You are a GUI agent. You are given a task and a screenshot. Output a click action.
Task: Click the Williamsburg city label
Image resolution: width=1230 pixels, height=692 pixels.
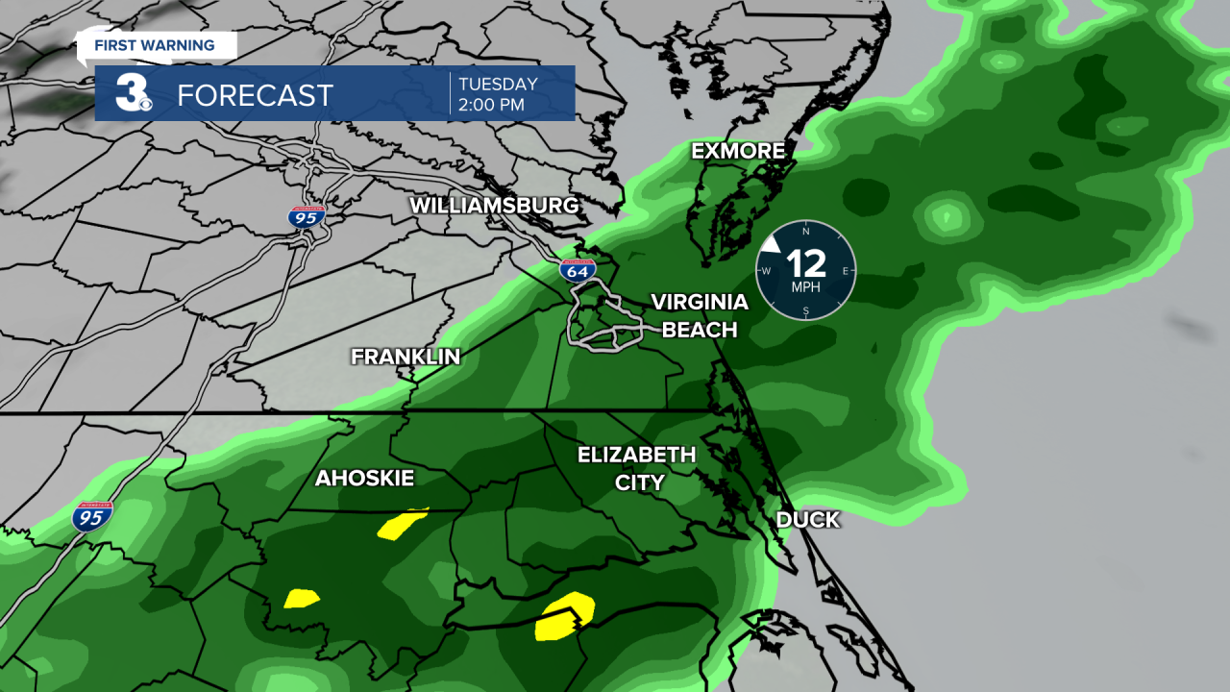494,206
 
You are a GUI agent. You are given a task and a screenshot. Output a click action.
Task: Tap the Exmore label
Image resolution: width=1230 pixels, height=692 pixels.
738,151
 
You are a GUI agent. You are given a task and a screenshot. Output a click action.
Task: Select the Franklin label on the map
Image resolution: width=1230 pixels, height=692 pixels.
406,357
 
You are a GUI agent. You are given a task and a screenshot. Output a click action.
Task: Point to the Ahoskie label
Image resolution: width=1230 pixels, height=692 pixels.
364,479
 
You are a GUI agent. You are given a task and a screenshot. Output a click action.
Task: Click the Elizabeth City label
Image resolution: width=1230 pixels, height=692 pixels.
636,468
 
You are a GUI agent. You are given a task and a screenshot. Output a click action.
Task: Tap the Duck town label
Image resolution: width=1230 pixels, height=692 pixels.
807,520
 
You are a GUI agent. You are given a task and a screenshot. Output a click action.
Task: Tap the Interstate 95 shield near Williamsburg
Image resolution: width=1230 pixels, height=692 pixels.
307,216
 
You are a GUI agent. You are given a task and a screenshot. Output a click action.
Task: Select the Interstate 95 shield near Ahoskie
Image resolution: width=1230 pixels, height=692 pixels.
92,517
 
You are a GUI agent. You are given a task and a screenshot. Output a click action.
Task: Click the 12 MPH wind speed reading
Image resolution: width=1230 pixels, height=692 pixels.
805,262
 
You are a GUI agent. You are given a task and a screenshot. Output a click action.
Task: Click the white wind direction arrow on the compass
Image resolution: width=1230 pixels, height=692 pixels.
770,245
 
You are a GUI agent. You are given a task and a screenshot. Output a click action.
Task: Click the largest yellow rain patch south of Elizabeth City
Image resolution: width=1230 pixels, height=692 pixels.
564,616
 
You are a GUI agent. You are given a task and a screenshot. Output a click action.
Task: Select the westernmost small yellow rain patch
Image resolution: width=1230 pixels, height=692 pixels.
302,599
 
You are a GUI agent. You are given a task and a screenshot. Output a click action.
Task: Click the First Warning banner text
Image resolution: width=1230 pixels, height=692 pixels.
154,45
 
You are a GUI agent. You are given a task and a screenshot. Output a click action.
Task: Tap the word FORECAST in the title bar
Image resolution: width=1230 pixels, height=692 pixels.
255,95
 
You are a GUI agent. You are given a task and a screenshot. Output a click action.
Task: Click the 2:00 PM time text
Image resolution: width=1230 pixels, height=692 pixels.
492,105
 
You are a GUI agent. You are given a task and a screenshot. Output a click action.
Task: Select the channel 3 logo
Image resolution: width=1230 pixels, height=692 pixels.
132,93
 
